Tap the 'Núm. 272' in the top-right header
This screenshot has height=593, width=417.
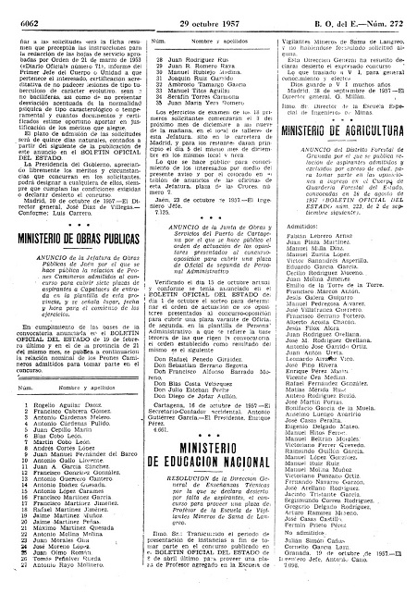click(392, 8)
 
